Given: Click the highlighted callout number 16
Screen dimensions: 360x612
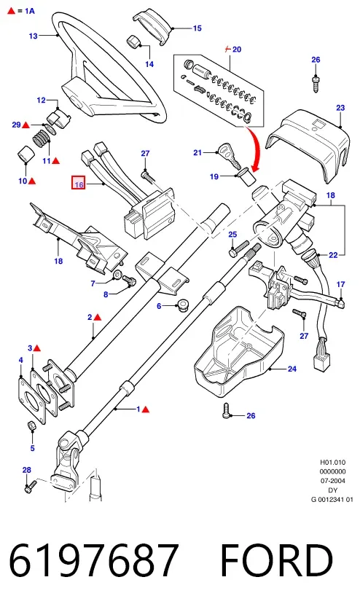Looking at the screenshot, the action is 79,184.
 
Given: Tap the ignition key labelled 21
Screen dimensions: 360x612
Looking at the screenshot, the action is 227,154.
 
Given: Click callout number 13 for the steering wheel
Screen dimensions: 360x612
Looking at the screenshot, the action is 34,36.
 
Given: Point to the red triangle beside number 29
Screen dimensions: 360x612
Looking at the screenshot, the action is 26,125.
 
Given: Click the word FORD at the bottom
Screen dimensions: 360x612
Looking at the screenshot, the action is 276,561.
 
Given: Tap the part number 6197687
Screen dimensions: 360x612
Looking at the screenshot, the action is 94,561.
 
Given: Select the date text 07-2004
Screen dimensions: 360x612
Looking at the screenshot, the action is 332,481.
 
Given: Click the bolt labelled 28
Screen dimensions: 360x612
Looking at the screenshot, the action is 31,487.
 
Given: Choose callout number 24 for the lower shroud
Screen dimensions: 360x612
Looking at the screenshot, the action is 292,369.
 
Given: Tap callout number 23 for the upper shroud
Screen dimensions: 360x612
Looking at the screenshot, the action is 340,107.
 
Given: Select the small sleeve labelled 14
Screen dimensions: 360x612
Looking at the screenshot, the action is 134,40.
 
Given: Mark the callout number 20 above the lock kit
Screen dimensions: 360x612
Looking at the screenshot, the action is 237,50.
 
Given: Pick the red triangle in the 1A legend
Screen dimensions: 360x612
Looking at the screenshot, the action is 12,11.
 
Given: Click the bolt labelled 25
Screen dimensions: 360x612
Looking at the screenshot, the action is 239,248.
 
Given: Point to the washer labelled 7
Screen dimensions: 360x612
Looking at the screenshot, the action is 117,276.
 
